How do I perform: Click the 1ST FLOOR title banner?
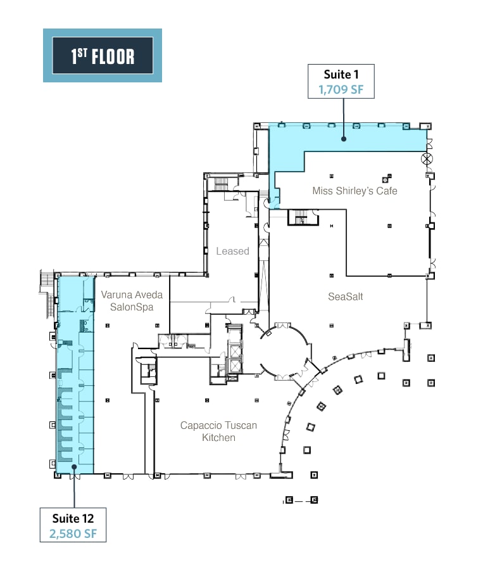click(102, 56)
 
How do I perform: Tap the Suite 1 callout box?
click(341, 81)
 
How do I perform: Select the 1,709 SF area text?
click(341, 89)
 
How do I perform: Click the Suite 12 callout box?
click(73, 524)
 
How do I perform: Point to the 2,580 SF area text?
click(73, 533)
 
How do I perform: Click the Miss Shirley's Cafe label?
click(354, 190)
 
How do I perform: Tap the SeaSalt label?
click(345, 297)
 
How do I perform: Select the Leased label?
click(232, 251)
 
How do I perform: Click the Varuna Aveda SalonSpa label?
click(132, 300)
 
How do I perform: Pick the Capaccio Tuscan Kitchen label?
click(218, 431)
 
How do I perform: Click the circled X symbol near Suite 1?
click(428, 158)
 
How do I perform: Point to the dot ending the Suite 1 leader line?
click(343, 137)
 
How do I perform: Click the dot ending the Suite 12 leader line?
click(73, 468)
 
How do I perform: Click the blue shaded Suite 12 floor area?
click(75, 380)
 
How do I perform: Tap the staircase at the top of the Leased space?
click(220, 184)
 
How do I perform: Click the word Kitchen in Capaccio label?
click(218, 437)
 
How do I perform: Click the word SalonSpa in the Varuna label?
click(132, 307)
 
